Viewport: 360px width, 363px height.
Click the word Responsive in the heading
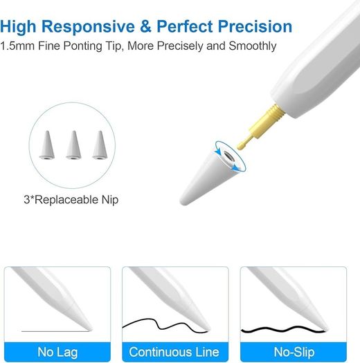tap(88, 27)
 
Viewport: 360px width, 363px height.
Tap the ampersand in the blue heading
tap(145, 26)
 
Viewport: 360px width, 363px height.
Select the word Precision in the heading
tap(255, 26)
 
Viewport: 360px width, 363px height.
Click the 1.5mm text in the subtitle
tap(17, 46)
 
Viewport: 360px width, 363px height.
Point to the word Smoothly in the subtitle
tap(253, 46)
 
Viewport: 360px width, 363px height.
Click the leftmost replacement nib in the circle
tap(47, 145)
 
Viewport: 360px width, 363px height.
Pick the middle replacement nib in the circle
tap(73, 145)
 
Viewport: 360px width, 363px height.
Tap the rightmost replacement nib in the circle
tap(100, 145)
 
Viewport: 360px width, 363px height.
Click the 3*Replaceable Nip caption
tap(71, 200)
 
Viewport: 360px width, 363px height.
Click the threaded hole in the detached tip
tap(228, 158)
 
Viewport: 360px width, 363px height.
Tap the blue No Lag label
tap(57, 352)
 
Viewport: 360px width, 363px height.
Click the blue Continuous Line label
tap(175, 352)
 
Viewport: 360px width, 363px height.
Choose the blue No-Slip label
tap(294, 352)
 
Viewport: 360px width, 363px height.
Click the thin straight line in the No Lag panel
tap(55, 331)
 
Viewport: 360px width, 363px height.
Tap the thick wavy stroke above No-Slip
tap(283, 329)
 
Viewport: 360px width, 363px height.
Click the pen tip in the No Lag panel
tap(89, 328)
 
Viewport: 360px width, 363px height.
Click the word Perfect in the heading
tap(185, 26)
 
